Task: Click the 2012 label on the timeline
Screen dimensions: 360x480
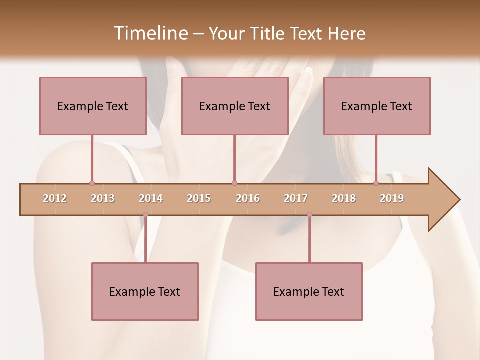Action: tap(55, 198)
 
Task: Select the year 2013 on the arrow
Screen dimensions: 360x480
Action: tap(103, 198)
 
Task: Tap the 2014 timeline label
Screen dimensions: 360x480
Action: tap(151, 198)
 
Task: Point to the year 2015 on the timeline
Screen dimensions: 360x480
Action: tap(199, 198)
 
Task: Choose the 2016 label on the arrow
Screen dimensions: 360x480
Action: tap(248, 198)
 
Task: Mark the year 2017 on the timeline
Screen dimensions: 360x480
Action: tap(296, 198)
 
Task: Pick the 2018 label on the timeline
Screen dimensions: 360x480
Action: tap(344, 198)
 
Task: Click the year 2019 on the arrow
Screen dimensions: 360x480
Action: tap(392, 198)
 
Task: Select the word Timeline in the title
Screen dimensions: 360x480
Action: tap(149, 33)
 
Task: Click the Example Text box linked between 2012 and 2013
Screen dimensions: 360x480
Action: tap(93, 106)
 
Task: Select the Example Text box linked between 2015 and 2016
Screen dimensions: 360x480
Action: tap(235, 106)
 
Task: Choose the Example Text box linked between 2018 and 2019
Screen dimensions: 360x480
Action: tap(377, 106)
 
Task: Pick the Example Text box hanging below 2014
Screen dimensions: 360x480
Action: tap(145, 291)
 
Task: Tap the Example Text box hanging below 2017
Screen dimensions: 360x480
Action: tap(309, 291)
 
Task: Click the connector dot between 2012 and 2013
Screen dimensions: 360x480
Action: tap(92, 183)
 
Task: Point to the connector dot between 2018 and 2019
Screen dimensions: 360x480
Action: tap(376, 183)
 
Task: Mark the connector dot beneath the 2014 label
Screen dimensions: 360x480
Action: tap(145, 215)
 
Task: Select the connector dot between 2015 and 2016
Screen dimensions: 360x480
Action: tap(234, 183)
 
